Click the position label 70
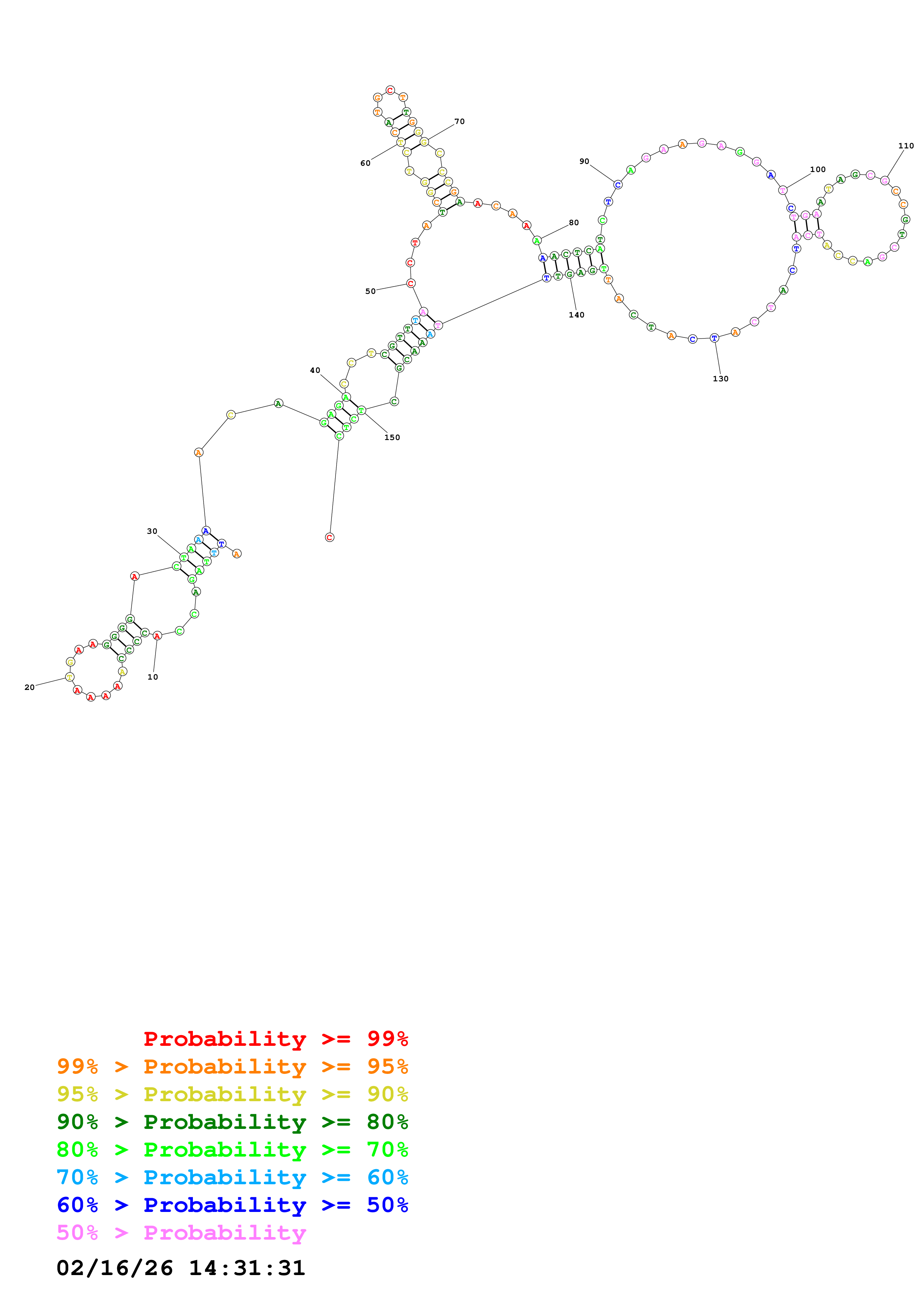pos(459,121)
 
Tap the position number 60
pos(365,163)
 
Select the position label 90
pos(584,161)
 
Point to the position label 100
pos(817,169)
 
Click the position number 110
pos(905,145)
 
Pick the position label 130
pos(720,378)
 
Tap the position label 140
pos(576,315)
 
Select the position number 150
pos(392,437)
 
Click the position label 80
pos(573,222)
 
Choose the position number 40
pos(315,370)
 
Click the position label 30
pos(152,531)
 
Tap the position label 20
pos(29,687)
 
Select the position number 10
pos(152,677)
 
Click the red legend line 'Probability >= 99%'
pos(275,1038)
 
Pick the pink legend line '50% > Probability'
pos(181,1232)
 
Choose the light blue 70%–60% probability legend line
pos(232,1177)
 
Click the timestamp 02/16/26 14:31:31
pos(181,1267)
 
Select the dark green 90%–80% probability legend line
pos(232,1122)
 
